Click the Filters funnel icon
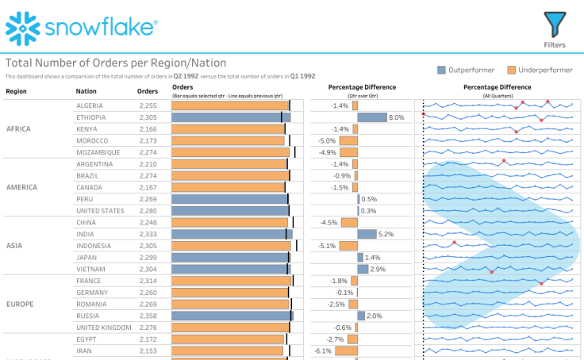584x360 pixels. click(x=555, y=24)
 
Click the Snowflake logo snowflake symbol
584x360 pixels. click(x=21, y=29)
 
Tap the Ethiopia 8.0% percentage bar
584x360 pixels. click(x=371, y=117)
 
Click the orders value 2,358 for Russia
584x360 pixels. click(x=148, y=316)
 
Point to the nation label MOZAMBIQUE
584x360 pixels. click(x=98, y=152)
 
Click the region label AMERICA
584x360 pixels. click(x=22, y=188)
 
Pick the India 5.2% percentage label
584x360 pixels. click(x=386, y=234)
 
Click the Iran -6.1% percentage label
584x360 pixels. click(x=323, y=350)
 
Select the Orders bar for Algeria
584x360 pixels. click(x=229, y=105)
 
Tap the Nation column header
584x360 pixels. click(x=86, y=90)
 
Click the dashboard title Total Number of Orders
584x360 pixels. click(x=116, y=63)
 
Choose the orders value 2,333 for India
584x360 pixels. click(x=148, y=234)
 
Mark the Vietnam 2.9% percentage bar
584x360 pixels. click(x=363, y=270)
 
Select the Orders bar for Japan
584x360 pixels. click(x=229, y=258)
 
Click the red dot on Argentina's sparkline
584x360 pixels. click(x=504, y=161)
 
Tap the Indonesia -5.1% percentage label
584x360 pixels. click(x=327, y=246)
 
